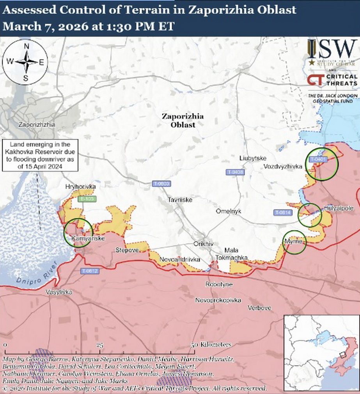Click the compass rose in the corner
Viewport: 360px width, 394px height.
pos(26,62)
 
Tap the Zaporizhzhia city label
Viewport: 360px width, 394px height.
pos(36,125)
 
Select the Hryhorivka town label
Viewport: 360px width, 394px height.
pos(81,187)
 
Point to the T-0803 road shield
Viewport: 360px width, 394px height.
pos(161,183)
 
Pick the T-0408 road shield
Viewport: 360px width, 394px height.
pos(235,172)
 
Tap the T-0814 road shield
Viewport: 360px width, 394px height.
pos(283,213)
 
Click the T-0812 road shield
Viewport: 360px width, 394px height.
pos(90,271)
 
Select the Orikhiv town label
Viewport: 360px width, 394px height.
pos(204,243)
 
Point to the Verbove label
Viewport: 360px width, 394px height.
pos(259,308)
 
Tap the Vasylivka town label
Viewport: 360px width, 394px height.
pos(59,292)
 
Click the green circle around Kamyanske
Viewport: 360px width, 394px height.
pos(78,232)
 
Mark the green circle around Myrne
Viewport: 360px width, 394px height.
pos(295,242)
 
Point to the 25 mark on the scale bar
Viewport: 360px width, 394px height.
pos(100,345)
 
